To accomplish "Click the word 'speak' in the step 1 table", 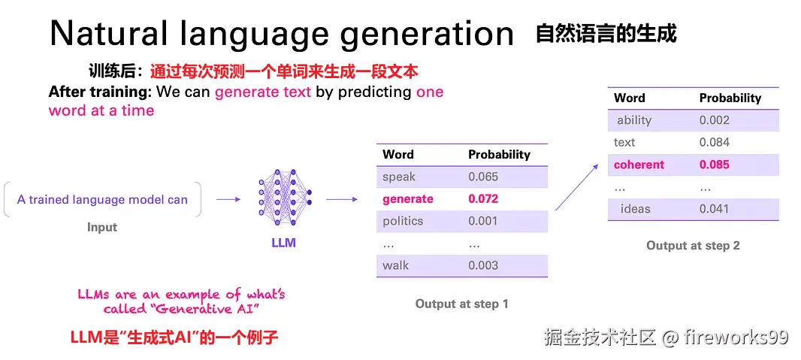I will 399,177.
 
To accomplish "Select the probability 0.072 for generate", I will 483,199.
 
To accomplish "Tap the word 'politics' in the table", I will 403,221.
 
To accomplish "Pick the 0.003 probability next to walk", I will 483,265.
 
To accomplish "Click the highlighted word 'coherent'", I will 639,165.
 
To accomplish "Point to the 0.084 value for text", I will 715,142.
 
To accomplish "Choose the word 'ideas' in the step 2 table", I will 636,209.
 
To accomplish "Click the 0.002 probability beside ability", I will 715,120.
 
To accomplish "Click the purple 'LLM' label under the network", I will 284,243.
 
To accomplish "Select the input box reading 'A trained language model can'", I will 102,200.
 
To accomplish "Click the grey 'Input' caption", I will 102,227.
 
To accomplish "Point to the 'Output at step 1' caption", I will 462,304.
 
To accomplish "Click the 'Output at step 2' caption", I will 693,246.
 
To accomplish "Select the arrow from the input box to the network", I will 228,200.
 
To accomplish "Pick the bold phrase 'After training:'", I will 100,92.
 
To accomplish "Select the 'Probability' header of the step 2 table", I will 730,98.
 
